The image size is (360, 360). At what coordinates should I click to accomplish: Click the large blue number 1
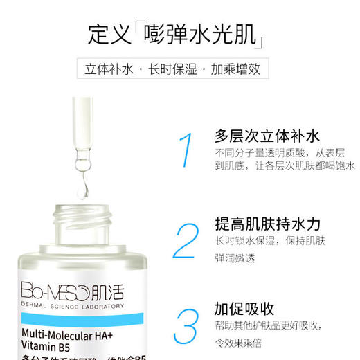pos(185,150)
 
